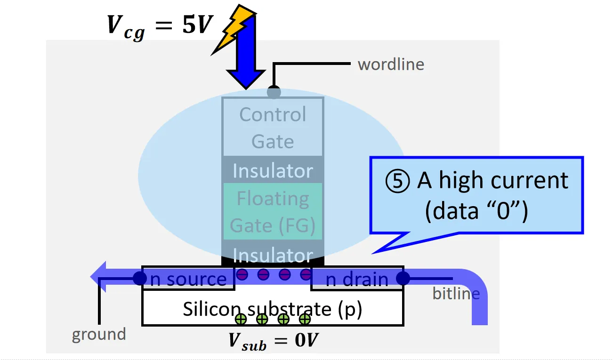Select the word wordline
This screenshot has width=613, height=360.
coord(391,64)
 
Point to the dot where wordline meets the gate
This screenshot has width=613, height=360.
coord(274,92)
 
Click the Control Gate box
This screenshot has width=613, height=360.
coord(273,127)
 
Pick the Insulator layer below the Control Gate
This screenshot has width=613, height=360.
coord(273,171)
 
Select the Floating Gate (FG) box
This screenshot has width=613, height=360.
coord(273,212)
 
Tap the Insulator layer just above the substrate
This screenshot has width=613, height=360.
coord(273,255)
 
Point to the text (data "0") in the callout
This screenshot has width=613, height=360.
coord(476,211)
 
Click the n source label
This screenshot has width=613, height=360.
coord(188,279)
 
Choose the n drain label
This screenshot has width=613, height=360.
coord(357,280)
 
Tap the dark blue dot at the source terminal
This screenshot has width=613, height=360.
coord(140,278)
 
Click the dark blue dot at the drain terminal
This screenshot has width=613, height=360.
coord(403,278)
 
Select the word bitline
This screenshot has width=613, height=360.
coord(456,294)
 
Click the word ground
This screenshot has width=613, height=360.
coord(99,334)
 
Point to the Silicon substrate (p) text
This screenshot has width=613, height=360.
coord(273,309)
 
